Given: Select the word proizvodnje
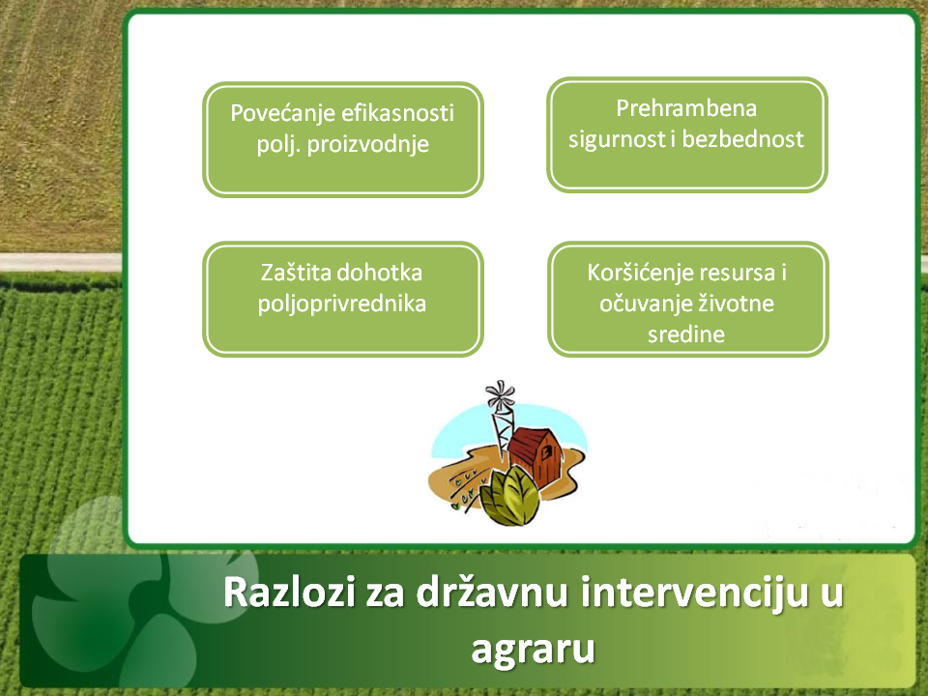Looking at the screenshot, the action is (368, 145).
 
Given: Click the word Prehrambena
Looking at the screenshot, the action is (686, 107).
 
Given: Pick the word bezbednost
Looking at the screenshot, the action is (743, 139).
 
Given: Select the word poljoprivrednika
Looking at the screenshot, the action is (342, 304).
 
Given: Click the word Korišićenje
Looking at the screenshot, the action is (640, 273).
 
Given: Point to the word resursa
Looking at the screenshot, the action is (737, 273).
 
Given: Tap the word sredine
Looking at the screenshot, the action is (686, 335).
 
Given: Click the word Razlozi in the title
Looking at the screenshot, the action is (289, 593).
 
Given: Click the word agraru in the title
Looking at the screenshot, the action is (533, 650).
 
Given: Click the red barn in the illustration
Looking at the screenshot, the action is (536, 455).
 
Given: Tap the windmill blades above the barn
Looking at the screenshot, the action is (500, 394).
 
